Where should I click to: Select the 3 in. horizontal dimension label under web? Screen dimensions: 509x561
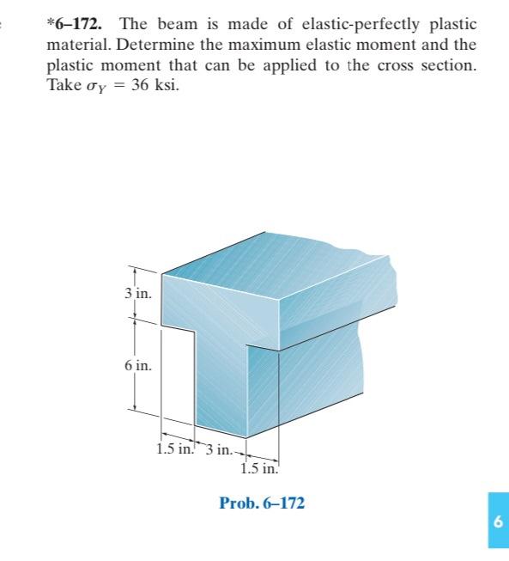click(219, 449)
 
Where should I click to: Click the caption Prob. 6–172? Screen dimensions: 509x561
click(262, 503)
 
